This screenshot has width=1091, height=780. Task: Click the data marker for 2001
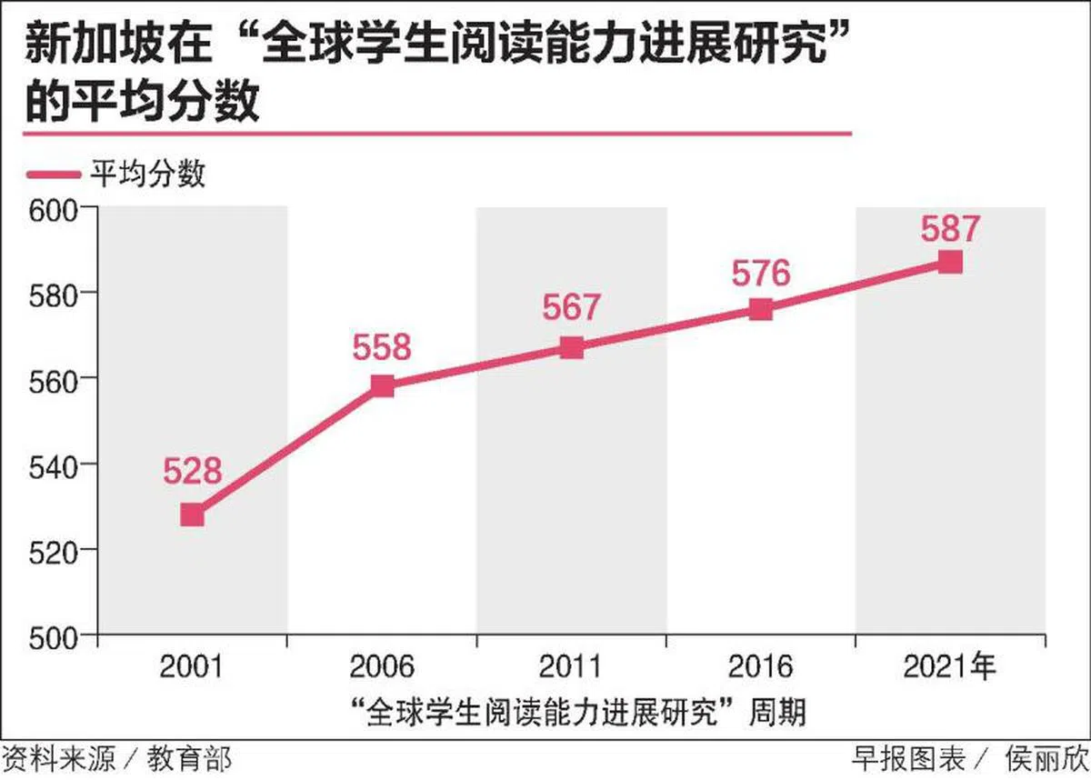[x=192, y=515]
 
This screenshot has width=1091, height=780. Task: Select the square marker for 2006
[x=383, y=386]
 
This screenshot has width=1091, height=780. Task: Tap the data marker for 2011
[x=572, y=348]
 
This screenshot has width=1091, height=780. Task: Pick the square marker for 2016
[x=762, y=309]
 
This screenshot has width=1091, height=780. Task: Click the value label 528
[x=193, y=471]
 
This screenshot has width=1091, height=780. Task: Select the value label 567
[x=572, y=307]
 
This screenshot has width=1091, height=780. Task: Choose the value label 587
[x=950, y=227]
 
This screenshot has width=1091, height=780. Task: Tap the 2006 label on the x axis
[x=382, y=667]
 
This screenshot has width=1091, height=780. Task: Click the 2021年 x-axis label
[x=950, y=667]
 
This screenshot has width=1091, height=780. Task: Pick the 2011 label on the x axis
[x=571, y=667]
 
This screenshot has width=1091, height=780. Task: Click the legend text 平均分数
[x=146, y=173]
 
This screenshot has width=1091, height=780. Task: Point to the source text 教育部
[x=195, y=759]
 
